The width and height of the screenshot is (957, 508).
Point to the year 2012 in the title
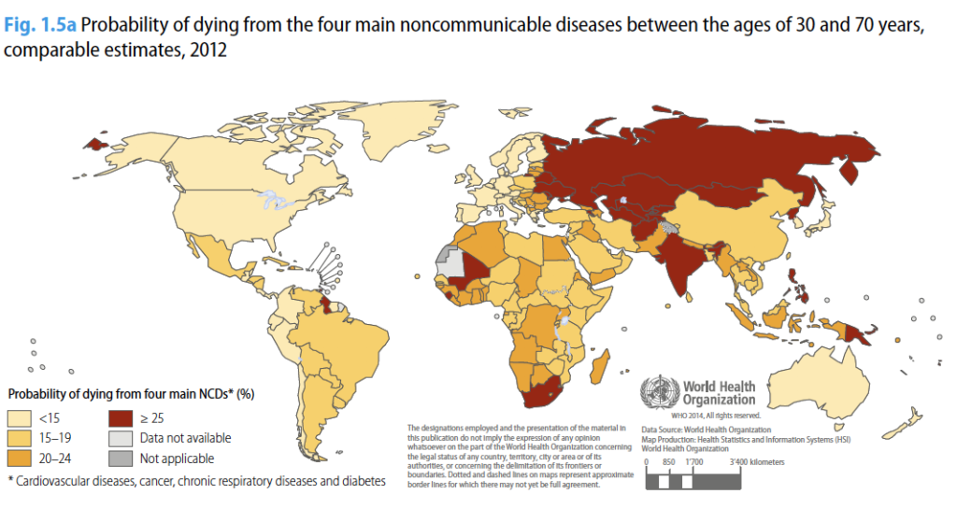tap(206, 49)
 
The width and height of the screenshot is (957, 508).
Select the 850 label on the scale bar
tap(668, 462)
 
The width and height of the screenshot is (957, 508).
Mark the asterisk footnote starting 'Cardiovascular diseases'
tap(196, 481)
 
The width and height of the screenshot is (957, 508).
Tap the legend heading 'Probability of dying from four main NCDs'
tap(131, 394)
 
